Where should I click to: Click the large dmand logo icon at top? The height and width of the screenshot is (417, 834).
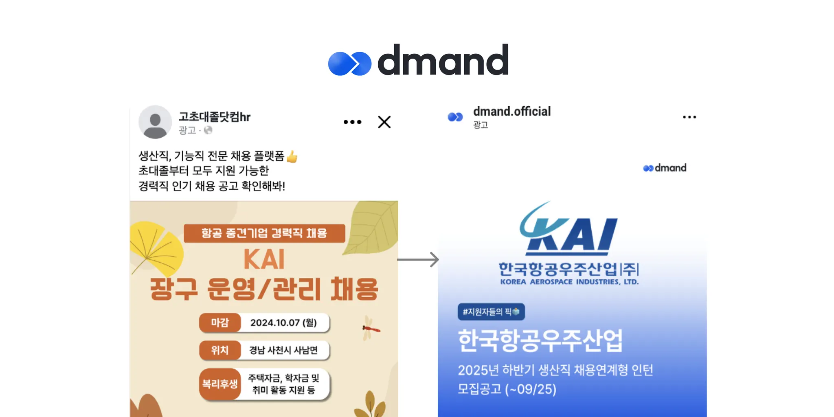349,64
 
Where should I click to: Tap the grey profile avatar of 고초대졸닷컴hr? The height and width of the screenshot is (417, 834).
155,122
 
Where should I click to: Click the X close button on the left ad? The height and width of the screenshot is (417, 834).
384,122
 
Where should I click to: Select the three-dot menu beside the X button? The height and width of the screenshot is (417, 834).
352,122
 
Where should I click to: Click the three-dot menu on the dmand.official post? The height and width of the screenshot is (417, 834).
689,117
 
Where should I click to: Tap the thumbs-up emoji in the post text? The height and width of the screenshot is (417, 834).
292,156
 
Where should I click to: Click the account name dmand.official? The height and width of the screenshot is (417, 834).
511,112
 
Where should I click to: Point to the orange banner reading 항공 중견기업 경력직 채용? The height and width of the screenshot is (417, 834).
264,233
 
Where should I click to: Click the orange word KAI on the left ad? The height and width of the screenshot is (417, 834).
264,259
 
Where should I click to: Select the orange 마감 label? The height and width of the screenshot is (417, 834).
220,323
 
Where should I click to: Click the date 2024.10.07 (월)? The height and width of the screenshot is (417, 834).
283,323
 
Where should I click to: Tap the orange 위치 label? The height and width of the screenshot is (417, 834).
220,350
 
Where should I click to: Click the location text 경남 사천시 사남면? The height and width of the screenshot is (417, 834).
283,350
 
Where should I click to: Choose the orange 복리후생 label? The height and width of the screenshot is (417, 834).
220,384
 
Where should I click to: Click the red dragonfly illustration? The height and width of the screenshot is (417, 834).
370,328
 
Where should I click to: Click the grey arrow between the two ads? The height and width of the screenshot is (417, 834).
418,259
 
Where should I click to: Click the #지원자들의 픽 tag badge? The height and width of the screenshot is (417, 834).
491,312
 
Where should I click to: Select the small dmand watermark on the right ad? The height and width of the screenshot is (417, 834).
665,168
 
